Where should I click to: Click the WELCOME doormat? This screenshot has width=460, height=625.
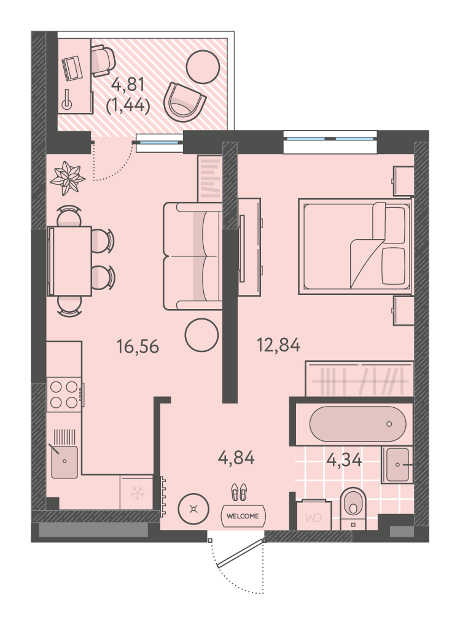click(243, 516)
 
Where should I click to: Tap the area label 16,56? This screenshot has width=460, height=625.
click(138, 346)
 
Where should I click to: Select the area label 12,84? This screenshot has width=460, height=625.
click(278, 345)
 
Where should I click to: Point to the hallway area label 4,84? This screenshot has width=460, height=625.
click(236, 458)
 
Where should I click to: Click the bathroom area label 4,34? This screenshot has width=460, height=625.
click(344, 460)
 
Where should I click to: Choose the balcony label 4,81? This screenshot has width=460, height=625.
click(128, 84)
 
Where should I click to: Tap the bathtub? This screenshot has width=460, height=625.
click(358, 424)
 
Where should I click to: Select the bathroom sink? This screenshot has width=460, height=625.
click(397, 465)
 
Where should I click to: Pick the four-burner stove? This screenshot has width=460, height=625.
click(64, 394)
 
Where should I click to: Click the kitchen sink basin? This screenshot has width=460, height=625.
click(64, 462)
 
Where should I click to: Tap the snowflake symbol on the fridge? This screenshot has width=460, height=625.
click(137, 493)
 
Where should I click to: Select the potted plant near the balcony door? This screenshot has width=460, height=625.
click(68, 178)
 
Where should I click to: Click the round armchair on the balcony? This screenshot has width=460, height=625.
click(185, 104)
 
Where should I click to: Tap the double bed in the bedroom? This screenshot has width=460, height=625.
click(355, 247)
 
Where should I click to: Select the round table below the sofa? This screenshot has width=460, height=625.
click(202, 336)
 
